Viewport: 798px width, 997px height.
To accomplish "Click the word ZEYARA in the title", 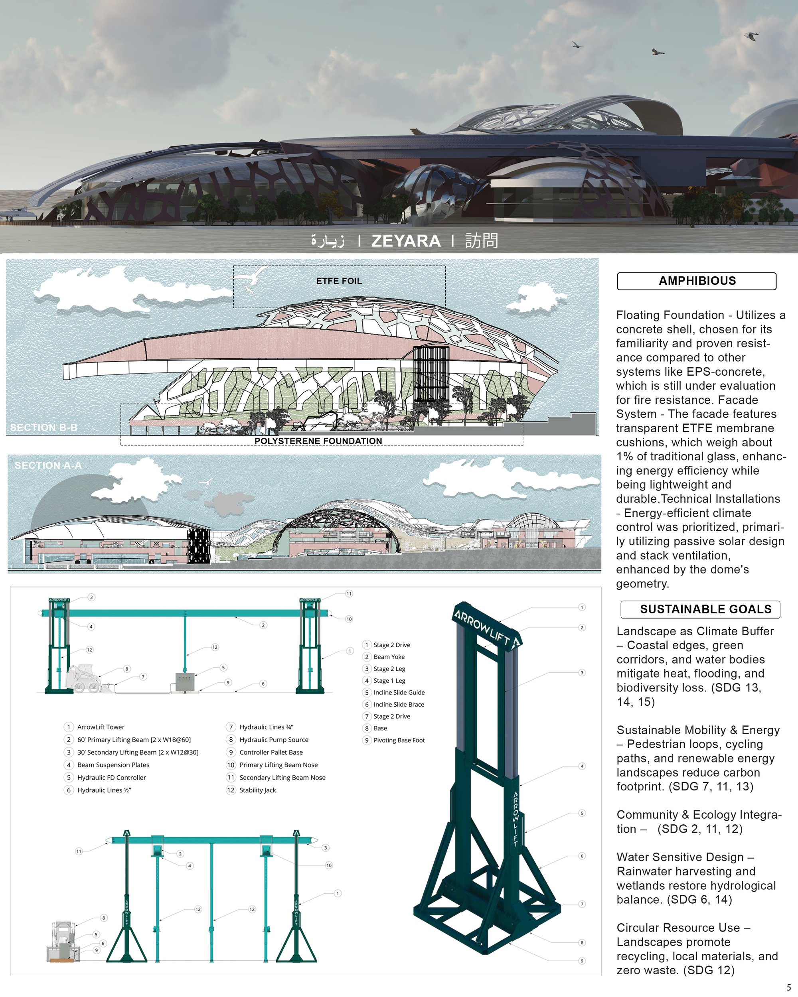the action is click(x=406, y=241).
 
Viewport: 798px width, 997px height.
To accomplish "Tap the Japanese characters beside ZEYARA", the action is click(x=482, y=241).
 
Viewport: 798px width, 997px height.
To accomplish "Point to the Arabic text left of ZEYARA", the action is click(x=328, y=241).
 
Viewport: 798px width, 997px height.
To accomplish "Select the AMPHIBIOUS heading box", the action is click(x=697, y=281).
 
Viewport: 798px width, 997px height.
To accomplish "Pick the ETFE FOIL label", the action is click(x=339, y=281).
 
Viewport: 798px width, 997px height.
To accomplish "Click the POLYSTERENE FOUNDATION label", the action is click(x=318, y=441).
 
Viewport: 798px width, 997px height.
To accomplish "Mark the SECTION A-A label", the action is click(x=48, y=465).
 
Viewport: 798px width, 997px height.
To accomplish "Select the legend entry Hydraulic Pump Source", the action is click(x=274, y=739).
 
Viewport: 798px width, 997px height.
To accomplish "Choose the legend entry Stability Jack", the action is click(x=258, y=790).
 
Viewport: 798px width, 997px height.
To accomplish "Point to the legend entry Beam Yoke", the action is click(x=389, y=657).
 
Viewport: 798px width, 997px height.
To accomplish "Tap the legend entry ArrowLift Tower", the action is click(x=101, y=727).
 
